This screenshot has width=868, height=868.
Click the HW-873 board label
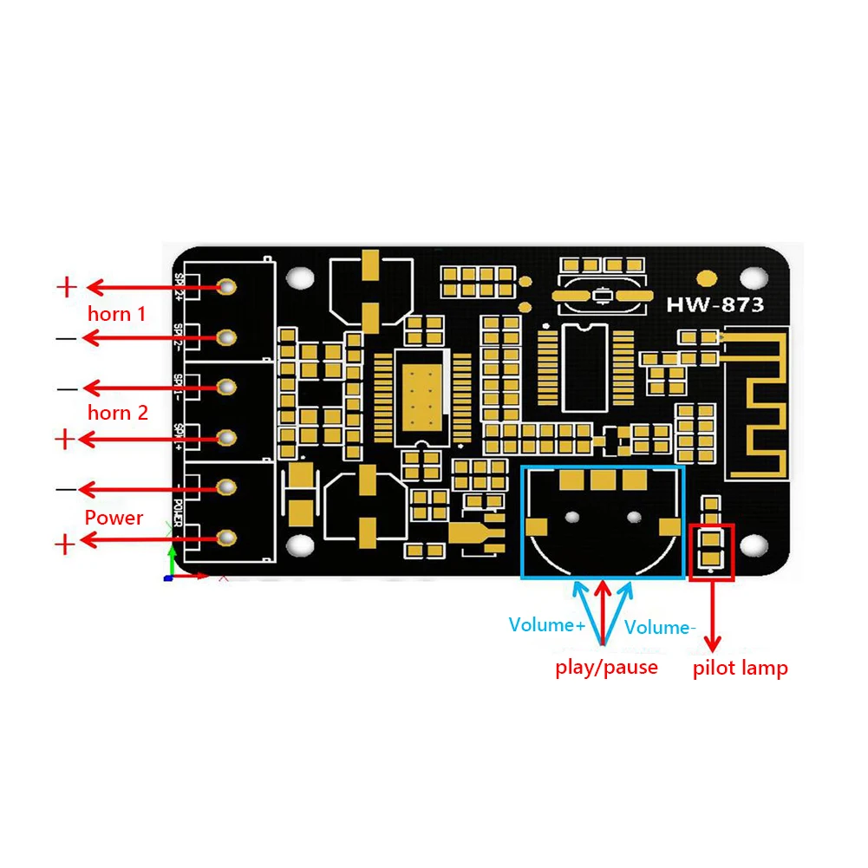715,305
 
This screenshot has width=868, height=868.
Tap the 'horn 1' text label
116,314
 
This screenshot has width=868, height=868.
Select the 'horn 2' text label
117,413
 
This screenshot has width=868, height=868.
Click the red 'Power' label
114,518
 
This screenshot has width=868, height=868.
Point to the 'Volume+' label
546,625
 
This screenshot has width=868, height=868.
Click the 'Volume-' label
660,627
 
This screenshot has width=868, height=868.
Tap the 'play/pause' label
606,668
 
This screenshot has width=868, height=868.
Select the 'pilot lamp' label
740,669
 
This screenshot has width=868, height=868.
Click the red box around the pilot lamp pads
711,551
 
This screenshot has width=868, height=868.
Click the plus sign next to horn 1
67,286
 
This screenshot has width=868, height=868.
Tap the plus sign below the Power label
66,545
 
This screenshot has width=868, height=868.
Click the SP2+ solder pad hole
228,286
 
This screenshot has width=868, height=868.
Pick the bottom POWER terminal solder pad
228,538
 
